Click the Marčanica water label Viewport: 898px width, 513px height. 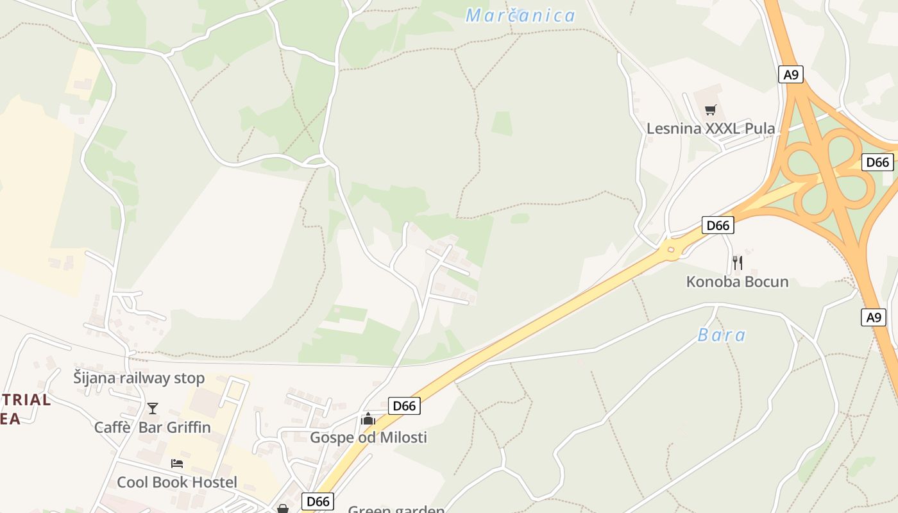point(520,15)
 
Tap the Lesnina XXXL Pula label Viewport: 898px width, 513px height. point(710,128)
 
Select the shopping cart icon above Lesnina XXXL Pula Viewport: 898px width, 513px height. point(710,110)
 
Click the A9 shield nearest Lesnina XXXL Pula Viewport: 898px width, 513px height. point(792,74)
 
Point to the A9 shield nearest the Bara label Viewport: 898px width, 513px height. point(873,317)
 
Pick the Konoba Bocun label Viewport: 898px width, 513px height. point(737,282)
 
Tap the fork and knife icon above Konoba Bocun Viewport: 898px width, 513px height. point(737,262)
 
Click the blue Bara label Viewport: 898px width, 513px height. point(722,335)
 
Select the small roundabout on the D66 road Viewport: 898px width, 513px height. point(671,250)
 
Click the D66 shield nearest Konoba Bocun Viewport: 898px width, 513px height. point(718,225)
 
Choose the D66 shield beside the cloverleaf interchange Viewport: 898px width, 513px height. point(877,162)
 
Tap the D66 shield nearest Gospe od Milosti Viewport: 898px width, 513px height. point(404,405)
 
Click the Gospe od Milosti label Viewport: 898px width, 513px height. point(368,437)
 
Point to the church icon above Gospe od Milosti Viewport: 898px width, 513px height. point(368,419)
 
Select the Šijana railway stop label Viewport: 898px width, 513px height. point(139,378)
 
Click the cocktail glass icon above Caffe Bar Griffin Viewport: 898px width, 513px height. point(153,408)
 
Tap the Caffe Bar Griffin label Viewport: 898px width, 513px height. point(153,427)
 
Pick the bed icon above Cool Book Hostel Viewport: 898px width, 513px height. point(177,463)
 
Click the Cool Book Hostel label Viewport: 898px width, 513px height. point(177,482)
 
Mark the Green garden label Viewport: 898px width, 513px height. point(396,509)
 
